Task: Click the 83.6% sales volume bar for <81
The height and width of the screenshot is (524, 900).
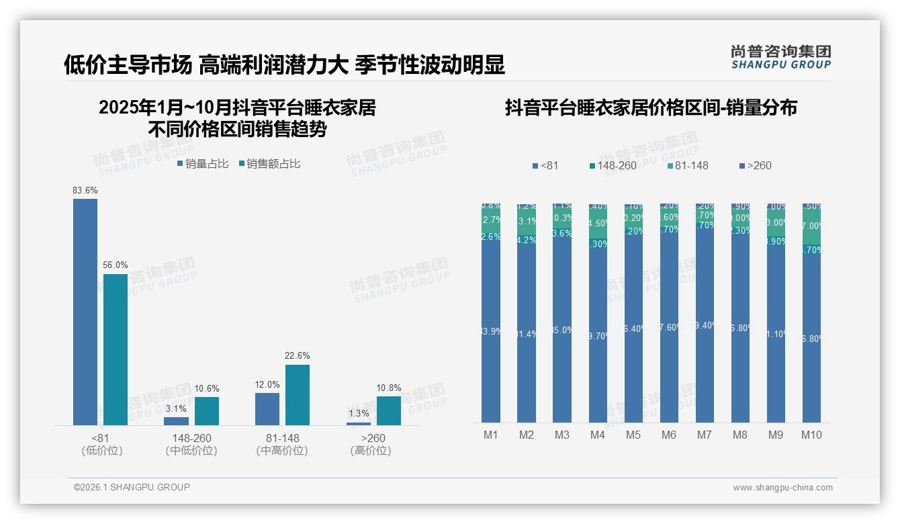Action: tap(85, 312)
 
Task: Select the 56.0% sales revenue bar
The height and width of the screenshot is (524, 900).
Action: tap(116, 349)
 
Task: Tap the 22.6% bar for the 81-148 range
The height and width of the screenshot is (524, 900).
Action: tap(298, 395)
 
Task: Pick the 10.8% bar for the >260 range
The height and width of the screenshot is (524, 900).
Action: tap(388, 410)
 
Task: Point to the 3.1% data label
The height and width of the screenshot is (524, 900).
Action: tap(176, 408)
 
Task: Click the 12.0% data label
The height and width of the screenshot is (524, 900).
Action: tap(267, 384)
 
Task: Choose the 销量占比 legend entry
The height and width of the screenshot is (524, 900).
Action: tap(203, 163)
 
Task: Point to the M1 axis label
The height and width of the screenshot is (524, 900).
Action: tap(491, 435)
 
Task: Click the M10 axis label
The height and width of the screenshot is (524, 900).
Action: tap(811, 435)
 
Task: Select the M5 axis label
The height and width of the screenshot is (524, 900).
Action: tap(633, 435)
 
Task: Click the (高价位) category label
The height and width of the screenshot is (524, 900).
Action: tap(370, 451)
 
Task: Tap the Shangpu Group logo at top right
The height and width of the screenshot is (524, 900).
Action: tap(780, 57)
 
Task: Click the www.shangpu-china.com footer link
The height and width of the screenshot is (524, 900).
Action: tap(782, 488)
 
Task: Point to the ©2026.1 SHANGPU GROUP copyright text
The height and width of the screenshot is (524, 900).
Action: tap(132, 487)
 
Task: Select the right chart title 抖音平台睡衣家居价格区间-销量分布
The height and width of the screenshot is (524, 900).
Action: tap(651, 108)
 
